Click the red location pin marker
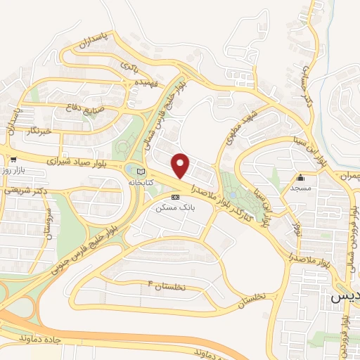[181, 166]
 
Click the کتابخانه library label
[140, 181]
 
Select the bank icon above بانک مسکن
[176, 198]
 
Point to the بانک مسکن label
[176, 208]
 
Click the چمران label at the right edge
[349, 174]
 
